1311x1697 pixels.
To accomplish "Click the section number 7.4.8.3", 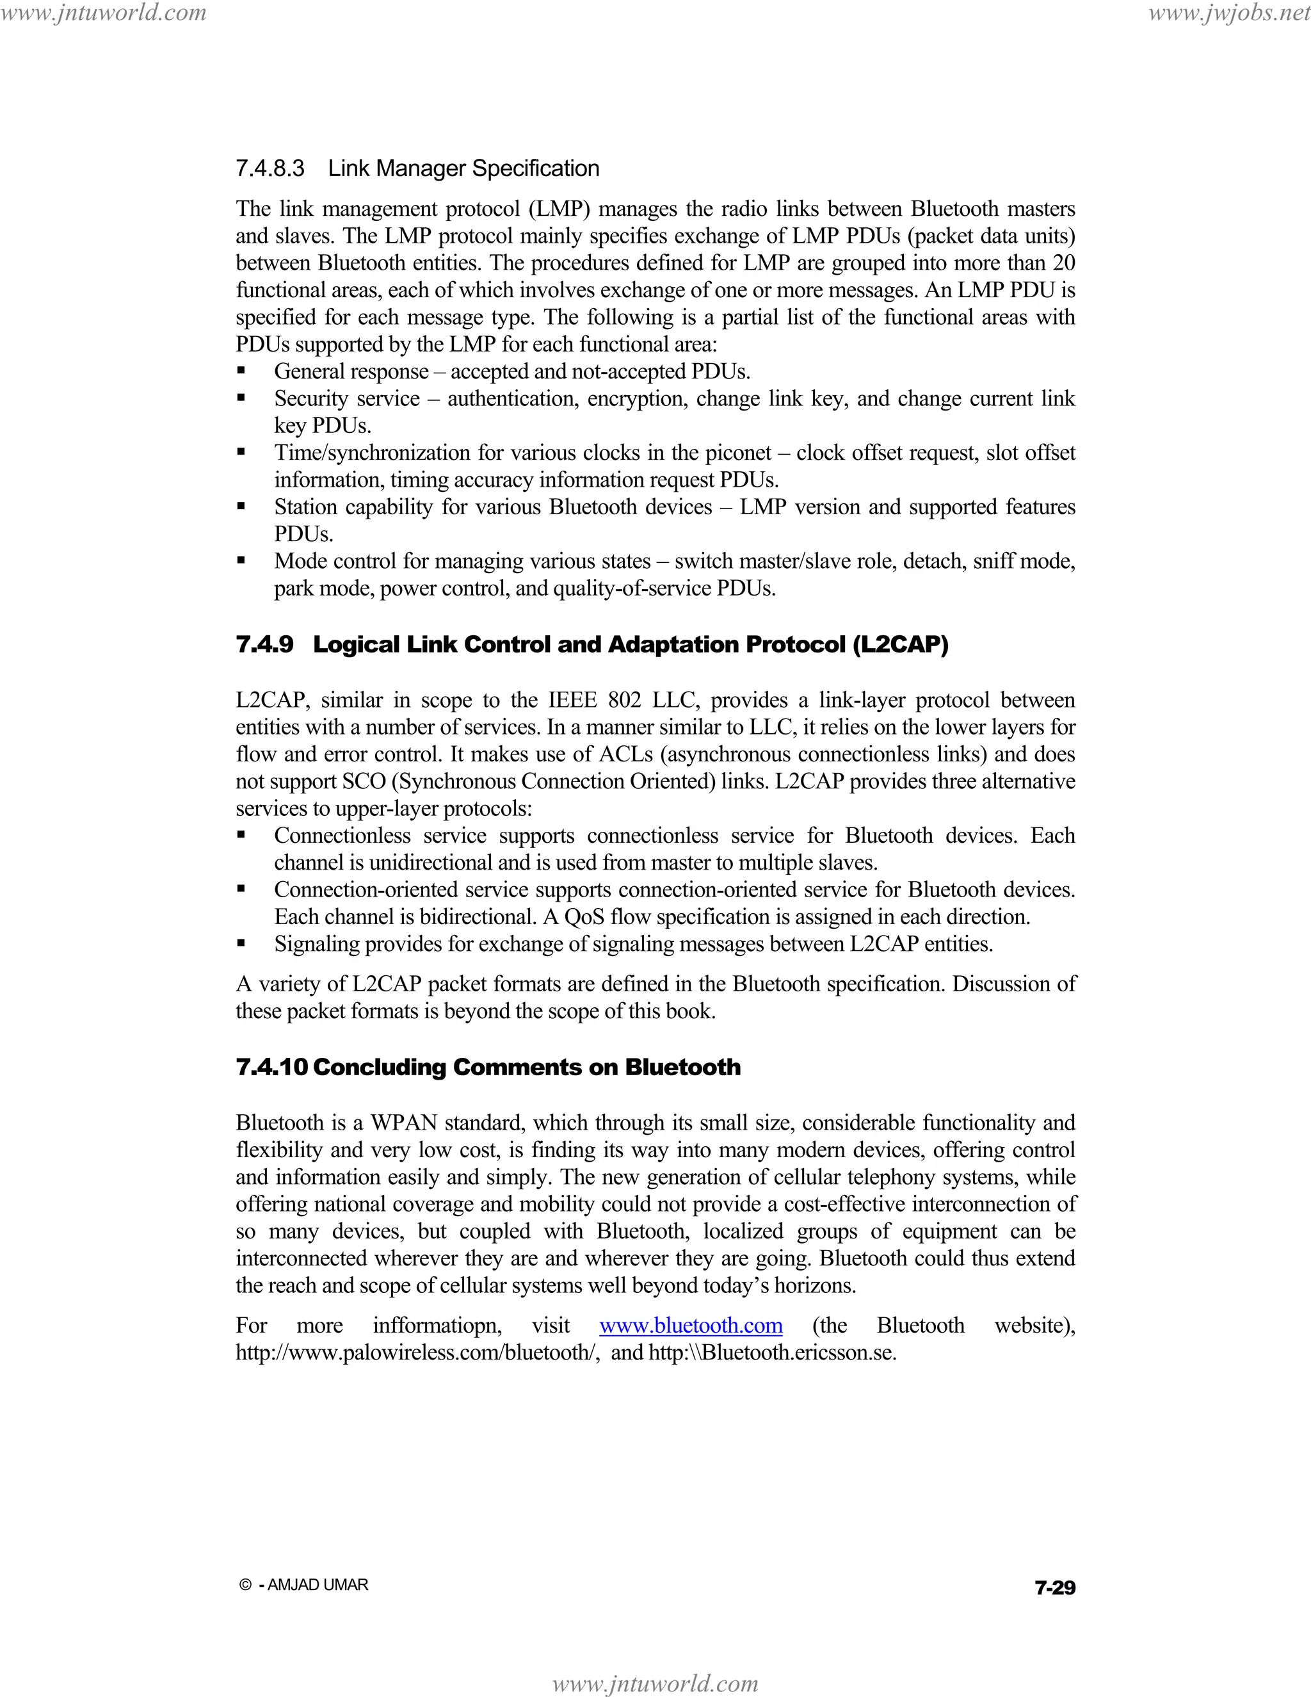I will (269, 168).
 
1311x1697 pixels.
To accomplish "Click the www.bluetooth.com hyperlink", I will (691, 1325).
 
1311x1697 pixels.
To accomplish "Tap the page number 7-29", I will (1055, 1587).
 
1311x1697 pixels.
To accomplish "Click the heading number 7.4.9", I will (265, 644).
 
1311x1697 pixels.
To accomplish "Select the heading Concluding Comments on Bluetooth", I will (527, 1067).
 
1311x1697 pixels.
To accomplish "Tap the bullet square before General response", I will (241, 371).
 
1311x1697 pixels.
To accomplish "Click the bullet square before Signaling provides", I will (241, 944).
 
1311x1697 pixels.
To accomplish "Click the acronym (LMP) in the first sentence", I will (556, 209).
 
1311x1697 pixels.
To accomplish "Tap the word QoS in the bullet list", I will (584, 917).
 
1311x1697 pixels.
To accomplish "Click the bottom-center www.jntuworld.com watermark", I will (655, 1683).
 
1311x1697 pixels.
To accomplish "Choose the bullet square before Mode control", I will (241, 561).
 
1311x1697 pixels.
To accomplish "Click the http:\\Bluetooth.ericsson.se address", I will (772, 1352).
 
